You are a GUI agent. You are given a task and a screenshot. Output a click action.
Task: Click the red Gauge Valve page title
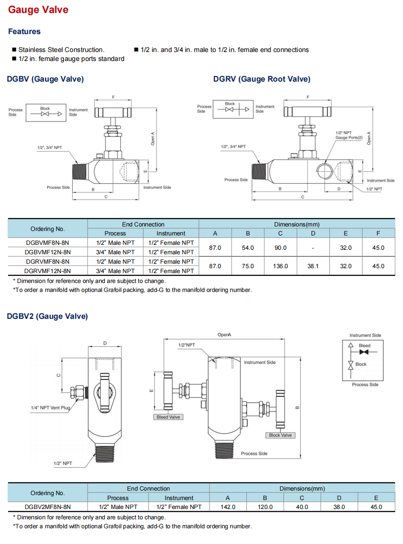point(38,10)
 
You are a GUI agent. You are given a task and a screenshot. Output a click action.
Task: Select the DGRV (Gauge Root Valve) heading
point(262,79)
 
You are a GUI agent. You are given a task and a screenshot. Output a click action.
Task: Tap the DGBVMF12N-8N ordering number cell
point(48,252)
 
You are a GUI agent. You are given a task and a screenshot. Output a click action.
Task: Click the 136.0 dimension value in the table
point(280,266)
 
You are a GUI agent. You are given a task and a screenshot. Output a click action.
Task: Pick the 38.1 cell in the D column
point(313,266)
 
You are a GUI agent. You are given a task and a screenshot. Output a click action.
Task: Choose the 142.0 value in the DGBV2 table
point(228,507)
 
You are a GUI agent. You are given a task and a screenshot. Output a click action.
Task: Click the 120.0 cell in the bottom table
point(265,507)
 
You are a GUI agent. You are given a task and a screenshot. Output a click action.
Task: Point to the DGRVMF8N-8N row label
point(48,261)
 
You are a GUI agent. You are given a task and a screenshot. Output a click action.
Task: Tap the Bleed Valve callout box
point(168,417)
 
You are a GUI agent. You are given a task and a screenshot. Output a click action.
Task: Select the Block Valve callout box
point(280,435)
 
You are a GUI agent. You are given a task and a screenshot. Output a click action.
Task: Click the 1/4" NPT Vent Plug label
point(50,408)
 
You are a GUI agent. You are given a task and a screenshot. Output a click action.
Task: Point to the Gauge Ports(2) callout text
point(349,138)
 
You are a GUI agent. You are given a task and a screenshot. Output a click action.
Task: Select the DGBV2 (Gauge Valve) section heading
point(48,316)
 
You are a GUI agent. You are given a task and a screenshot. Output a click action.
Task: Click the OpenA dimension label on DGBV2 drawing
point(224,335)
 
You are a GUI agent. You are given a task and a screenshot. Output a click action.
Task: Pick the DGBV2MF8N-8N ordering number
point(48,507)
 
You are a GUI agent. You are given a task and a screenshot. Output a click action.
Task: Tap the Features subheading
point(24,31)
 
